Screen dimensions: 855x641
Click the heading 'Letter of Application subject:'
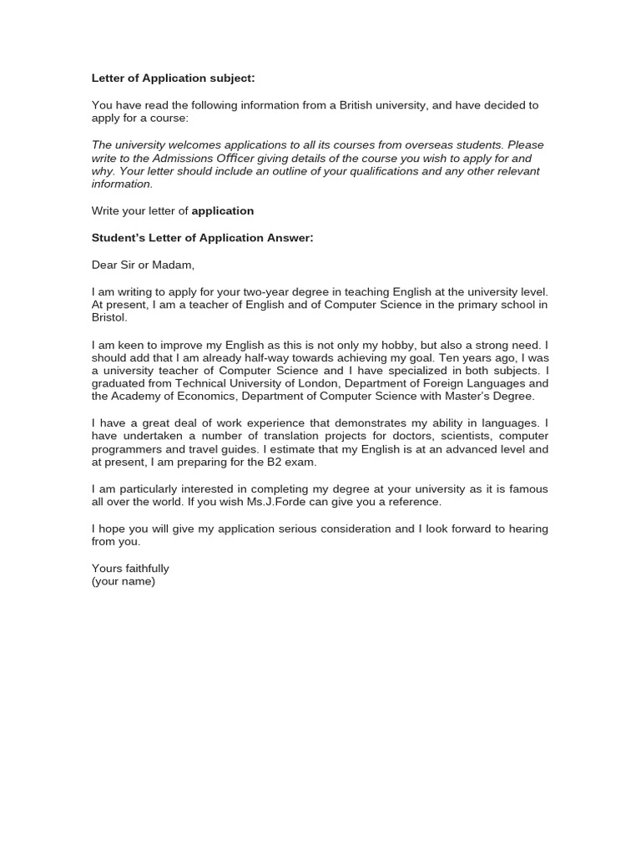[173, 78]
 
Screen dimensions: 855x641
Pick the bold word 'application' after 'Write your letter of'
[223, 211]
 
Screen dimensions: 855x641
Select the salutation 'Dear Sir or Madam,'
[143, 265]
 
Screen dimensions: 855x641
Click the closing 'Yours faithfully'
[130, 569]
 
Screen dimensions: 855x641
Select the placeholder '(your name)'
[124, 581]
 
